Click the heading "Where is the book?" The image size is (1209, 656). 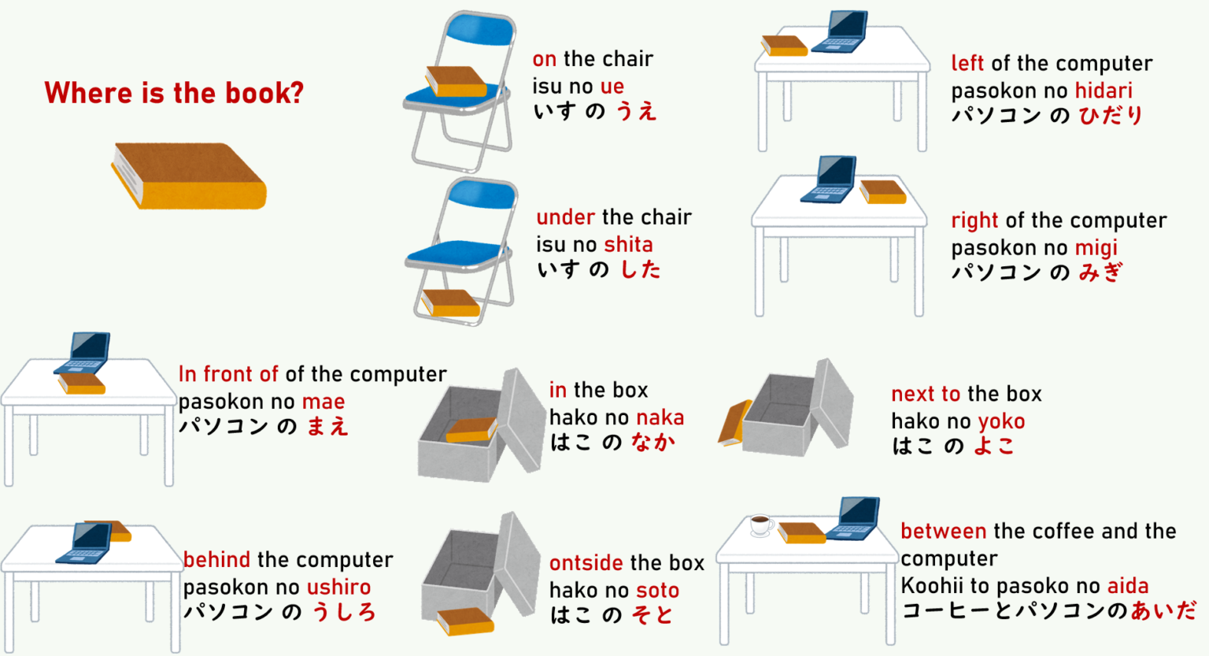click(x=174, y=93)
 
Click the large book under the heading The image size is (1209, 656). click(x=189, y=177)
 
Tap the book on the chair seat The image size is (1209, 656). click(x=455, y=81)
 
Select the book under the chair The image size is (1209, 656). click(x=450, y=303)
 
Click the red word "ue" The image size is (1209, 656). click(x=612, y=87)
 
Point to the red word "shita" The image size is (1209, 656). click(x=628, y=245)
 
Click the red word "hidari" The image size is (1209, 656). click(x=1104, y=91)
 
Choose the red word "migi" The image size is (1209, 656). click(x=1096, y=248)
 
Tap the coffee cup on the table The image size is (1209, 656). click(x=760, y=524)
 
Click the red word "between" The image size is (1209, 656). click(x=943, y=532)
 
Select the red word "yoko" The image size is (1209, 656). click(x=1000, y=422)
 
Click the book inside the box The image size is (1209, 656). click(x=471, y=430)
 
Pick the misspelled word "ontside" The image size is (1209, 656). click(x=586, y=563)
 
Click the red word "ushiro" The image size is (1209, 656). click(x=338, y=587)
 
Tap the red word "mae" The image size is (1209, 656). click(x=324, y=402)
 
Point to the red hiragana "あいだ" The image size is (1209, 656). click(x=1163, y=610)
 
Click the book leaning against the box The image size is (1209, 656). click(x=734, y=423)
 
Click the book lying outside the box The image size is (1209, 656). click(x=465, y=621)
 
